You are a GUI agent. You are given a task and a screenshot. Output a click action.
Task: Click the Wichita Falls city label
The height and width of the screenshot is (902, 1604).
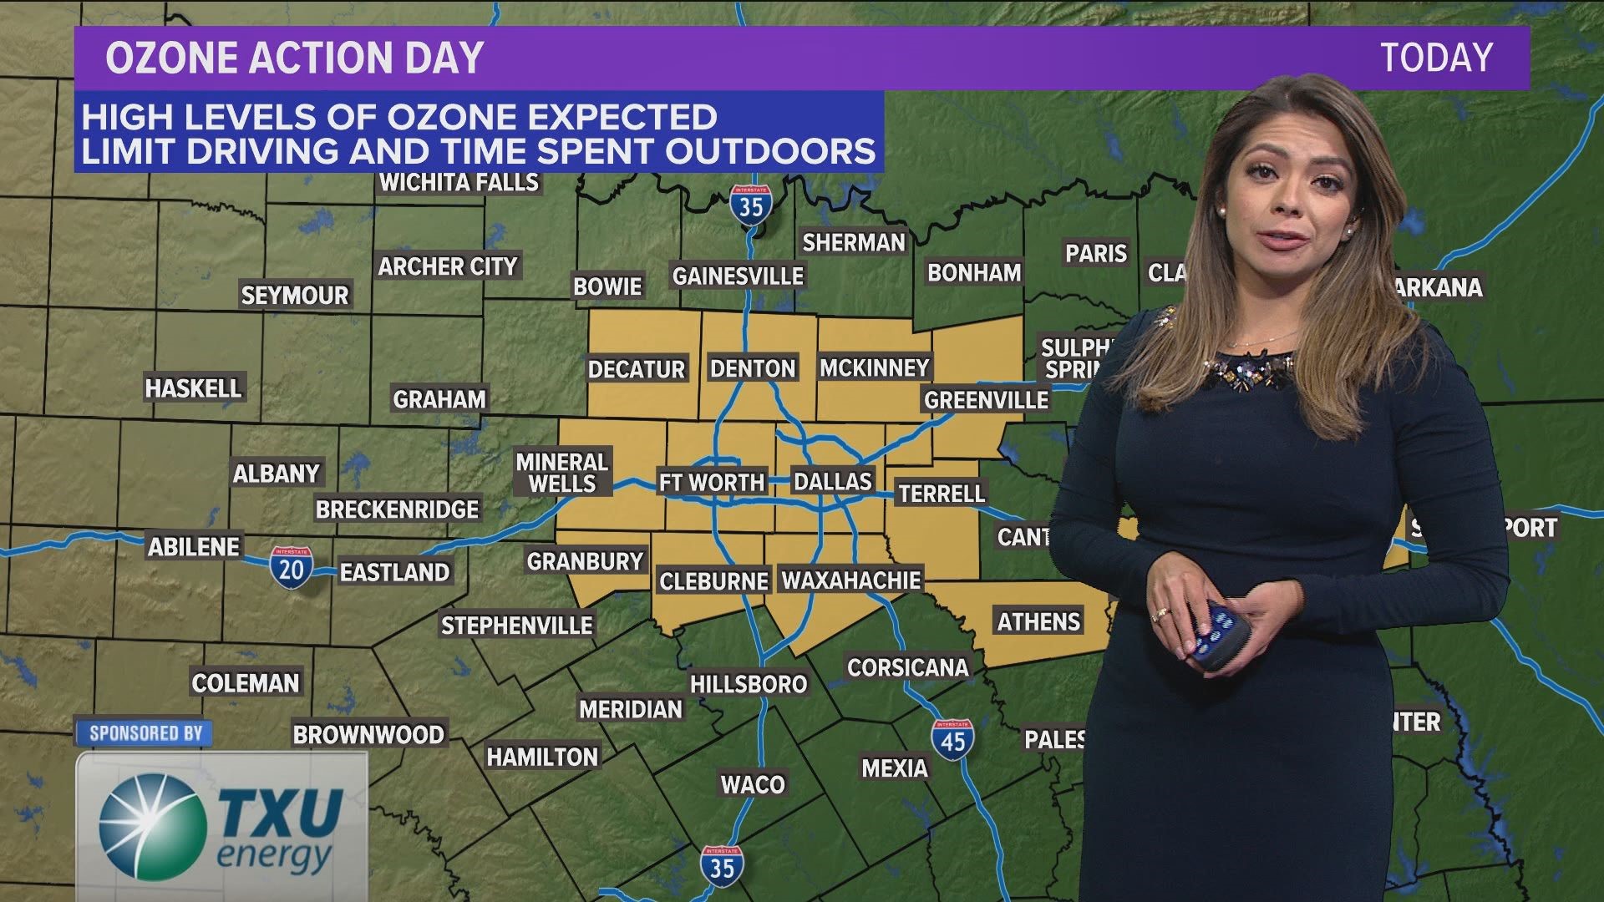(x=459, y=182)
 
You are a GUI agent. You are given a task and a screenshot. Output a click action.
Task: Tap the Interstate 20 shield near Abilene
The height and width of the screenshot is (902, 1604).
(x=291, y=568)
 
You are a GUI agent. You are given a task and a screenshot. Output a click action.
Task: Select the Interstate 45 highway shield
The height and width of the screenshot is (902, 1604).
(x=952, y=740)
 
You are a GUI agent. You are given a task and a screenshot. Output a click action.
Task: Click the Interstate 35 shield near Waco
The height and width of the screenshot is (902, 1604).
(x=722, y=865)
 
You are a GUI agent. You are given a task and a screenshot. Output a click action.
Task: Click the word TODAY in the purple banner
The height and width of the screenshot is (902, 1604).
(x=1436, y=58)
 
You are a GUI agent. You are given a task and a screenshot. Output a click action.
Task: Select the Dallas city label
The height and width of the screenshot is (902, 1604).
(x=832, y=481)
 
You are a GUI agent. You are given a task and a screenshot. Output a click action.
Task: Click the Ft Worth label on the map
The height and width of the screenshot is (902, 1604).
(x=712, y=482)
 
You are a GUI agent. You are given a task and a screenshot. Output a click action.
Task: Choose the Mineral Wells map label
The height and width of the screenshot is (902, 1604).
(x=562, y=473)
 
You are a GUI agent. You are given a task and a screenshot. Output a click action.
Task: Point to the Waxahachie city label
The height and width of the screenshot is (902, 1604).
(x=850, y=580)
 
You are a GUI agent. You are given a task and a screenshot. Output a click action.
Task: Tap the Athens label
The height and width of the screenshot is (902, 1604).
(x=1038, y=621)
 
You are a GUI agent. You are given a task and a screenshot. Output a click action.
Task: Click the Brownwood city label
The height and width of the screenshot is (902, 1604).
(x=368, y=735)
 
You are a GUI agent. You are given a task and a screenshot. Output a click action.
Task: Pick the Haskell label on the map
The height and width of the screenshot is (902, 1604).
(x=193, y=388)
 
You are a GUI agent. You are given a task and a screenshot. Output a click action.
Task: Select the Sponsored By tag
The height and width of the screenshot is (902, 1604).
(x=145, y=733)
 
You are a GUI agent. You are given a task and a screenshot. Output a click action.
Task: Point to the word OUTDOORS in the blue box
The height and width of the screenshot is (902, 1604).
(x=769, y=151)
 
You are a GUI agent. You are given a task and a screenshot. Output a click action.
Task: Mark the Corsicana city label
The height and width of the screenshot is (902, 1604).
(x=907, y=667)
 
